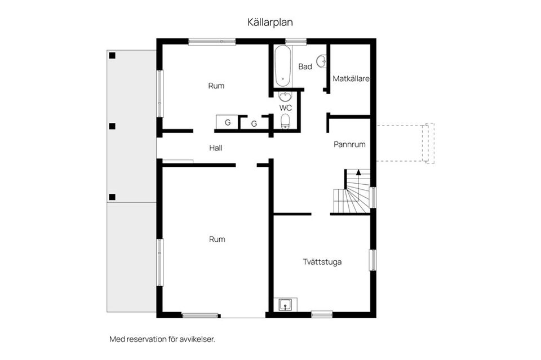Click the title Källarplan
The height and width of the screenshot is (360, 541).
point(270,23)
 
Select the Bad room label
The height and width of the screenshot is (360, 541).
point(305,66)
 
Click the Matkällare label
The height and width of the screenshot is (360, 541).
point(351,79)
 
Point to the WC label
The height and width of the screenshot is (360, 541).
point(285,107)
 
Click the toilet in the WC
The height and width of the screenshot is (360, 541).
point(285,120)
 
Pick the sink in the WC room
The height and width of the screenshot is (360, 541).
point(285,96)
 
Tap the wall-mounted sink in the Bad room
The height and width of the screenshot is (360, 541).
point(322,61)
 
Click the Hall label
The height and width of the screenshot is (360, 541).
point(215,148)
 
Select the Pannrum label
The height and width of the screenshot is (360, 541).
point(349,144)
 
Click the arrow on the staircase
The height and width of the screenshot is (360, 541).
point(358,172)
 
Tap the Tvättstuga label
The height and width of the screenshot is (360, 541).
point(322,262)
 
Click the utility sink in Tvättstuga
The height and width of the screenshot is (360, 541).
point(286,305)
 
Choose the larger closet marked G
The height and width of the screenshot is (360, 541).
point(228,122)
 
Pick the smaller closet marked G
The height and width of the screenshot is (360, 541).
point(254,124)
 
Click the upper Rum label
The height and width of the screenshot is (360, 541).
point(216,86)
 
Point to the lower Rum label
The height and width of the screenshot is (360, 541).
point(217,239)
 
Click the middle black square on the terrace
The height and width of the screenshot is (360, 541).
point(112,126)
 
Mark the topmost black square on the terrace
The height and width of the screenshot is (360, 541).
point(112,55)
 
